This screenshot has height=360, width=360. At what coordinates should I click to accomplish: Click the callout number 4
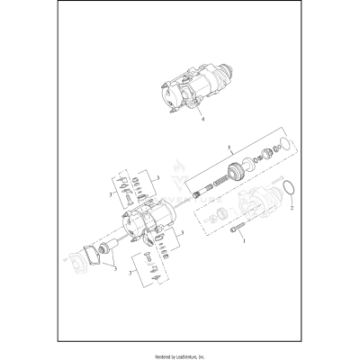(202, 117)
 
